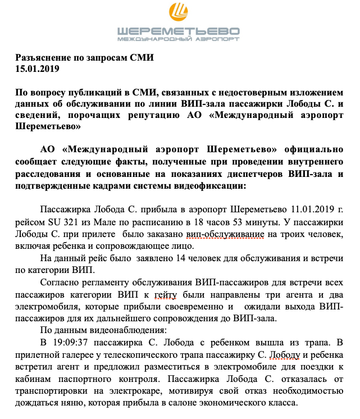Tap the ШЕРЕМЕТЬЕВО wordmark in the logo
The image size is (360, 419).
click(x=179, y=31)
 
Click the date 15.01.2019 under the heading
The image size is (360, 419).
click(x=37, y=69)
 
